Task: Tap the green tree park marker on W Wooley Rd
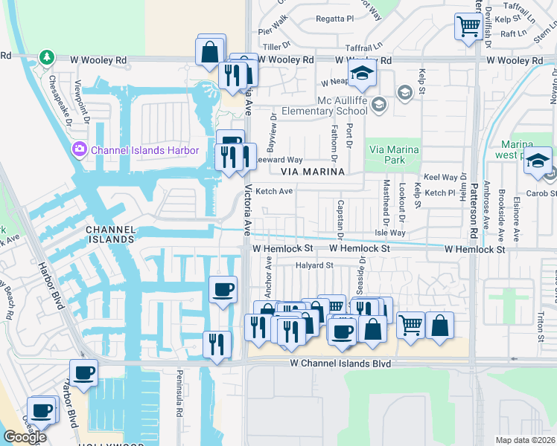tap(47, 57)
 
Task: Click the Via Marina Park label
tap(395, 154)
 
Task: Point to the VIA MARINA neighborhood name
tap(313, 172)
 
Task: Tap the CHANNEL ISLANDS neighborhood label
tap(109, 234)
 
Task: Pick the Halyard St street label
tap(313, 265)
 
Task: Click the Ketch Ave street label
tap(274, 191)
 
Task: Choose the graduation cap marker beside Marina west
tap(537, 161)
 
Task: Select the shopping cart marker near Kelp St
tap(468, 27)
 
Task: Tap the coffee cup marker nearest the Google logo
tap(42, 410)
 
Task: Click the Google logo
tap(24, 437)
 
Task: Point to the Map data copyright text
tap(525, 440)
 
